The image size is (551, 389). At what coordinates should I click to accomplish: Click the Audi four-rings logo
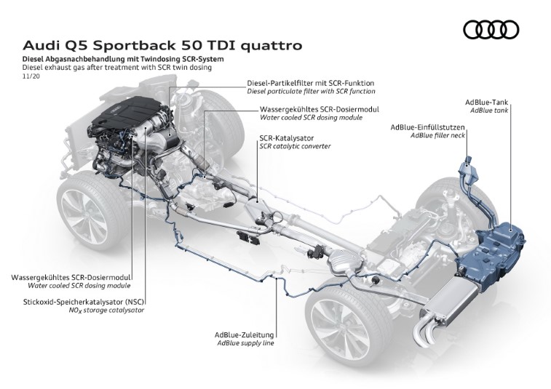(491, 29)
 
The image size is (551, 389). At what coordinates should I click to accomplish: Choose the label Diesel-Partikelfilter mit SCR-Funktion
(310, 83)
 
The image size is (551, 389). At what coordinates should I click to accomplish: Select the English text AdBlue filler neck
(437, 136)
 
